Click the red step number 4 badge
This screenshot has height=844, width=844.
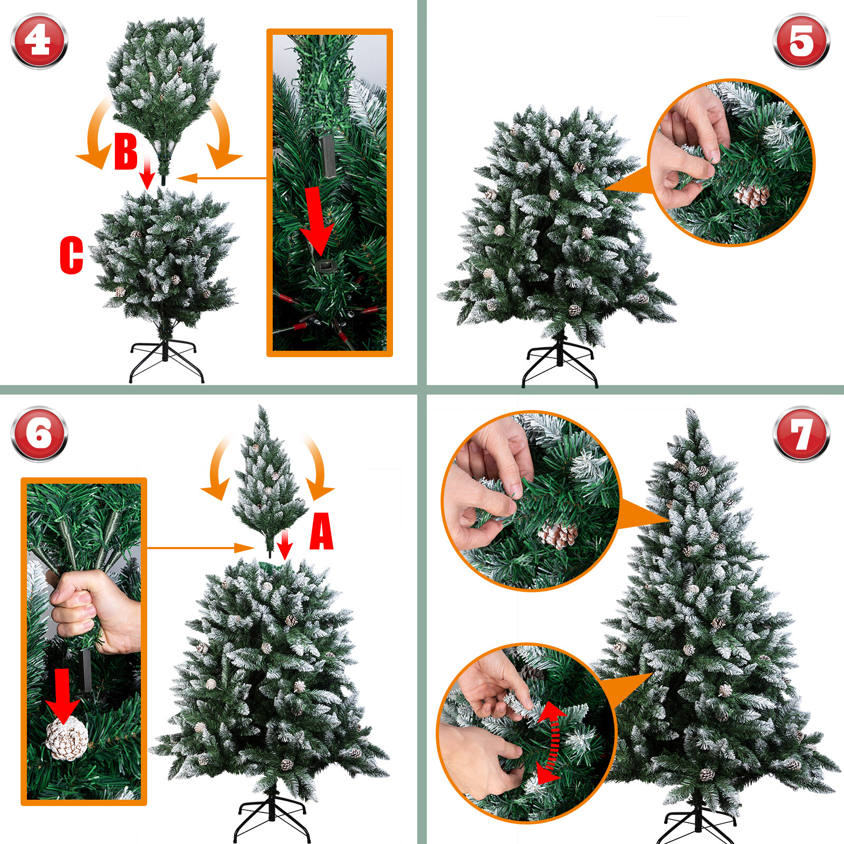pyautogui.click(x=40, y=41)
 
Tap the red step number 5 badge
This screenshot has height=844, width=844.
pyautogui.click(x=801, y=41)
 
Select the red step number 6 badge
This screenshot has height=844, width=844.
pyautogui.click(x=40, y=434)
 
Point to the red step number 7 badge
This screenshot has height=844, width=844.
pyautogui.click(x=801, y=434)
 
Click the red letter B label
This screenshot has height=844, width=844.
pyautogui.click(x=126, y=151)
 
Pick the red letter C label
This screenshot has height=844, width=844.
pyautogui.click(x=72, y=255)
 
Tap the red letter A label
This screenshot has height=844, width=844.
pyautogui.click(x=321, y=531)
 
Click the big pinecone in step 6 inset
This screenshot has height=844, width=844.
pyautogui.click(x=66, y=737)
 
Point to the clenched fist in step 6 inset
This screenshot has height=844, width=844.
pyautogui.click(x=95, y=612)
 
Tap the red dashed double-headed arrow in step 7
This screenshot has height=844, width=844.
pyautogui.click(x=551, y=743)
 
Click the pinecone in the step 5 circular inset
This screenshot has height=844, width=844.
pyautogui.click(x=751, y=195)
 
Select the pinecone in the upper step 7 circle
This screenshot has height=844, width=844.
pyautogui.click(x=558, y=535)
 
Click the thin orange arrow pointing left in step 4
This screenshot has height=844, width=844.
pyautogui.click(x=222, y=178)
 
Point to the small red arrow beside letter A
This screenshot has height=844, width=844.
pyautogui.click(x=285, y=545)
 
